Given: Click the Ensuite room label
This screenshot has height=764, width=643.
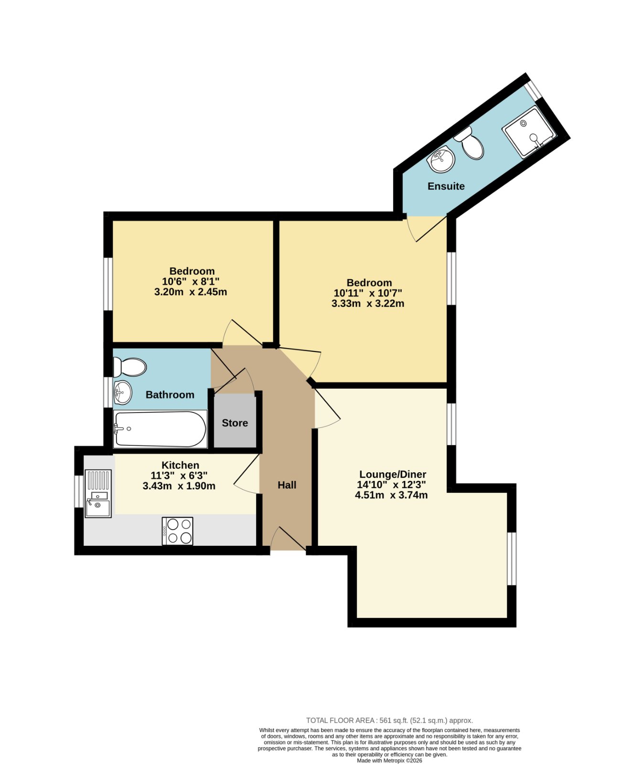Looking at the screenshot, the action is [x=446, y=186].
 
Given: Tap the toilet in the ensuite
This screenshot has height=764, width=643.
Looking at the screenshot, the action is [x=469, y=143].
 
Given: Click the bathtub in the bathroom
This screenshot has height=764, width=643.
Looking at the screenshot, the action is [x=160, y=429].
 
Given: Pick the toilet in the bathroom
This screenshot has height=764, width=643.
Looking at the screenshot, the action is [x=129, y=367].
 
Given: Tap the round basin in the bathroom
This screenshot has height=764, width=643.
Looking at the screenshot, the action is [x=122, y=393].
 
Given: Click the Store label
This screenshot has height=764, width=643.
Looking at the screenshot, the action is [x=235, y=423].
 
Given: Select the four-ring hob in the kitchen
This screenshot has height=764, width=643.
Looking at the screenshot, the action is [x=177, y=531].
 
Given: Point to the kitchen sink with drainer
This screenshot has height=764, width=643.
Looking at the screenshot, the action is [x=98, y=494].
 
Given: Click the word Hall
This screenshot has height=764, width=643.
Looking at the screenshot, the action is [x=287, y=485].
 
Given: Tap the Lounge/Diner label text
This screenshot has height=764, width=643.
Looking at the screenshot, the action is [x=393, y=475].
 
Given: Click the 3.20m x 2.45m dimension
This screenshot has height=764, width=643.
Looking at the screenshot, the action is [x=191, y=292].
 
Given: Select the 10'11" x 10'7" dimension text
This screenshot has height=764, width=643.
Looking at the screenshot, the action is [x=368, y=293].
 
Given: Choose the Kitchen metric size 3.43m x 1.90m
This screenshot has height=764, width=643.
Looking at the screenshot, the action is [x=179, y=486].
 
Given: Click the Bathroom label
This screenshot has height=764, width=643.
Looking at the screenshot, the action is [x=170, y=395].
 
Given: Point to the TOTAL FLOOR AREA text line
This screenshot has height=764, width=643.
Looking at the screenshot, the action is [x=389, y=721].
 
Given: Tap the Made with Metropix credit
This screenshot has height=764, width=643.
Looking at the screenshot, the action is [x=389, y=761].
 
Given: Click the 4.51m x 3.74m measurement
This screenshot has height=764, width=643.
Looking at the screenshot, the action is [x=391, y=495].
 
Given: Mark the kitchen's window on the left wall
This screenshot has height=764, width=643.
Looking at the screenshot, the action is [x=78, y=491].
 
